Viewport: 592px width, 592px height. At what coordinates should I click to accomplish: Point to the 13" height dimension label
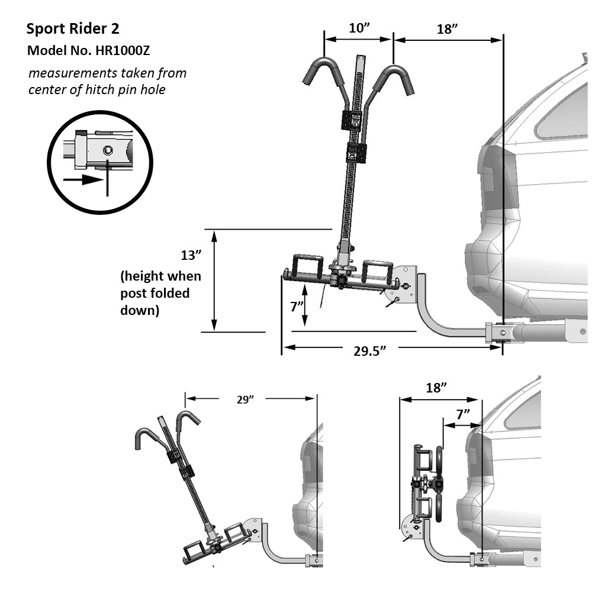(191, 255)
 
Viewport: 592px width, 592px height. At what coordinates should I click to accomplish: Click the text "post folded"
(155, 293)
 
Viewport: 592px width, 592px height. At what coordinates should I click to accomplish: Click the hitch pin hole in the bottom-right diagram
(483, 557)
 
